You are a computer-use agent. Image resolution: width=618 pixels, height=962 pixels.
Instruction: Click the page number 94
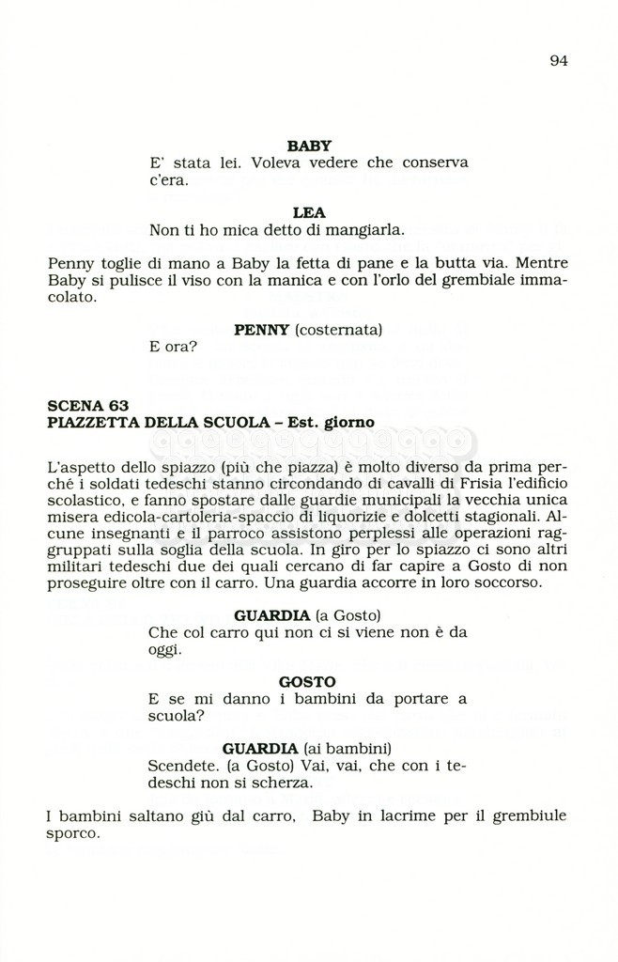tap(559, 61)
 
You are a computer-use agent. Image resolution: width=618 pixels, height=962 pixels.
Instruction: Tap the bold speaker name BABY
tap(309, 146)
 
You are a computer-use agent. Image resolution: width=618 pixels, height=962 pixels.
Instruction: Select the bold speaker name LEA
tap(309, 213)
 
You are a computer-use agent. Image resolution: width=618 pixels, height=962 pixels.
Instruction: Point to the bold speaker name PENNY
tap(262, 330)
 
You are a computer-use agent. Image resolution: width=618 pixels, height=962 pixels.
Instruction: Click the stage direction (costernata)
tap(339, 330)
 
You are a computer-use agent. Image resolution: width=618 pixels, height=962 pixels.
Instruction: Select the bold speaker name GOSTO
tap(308, 682)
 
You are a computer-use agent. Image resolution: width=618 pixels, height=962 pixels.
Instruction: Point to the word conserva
tap(435, 163)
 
